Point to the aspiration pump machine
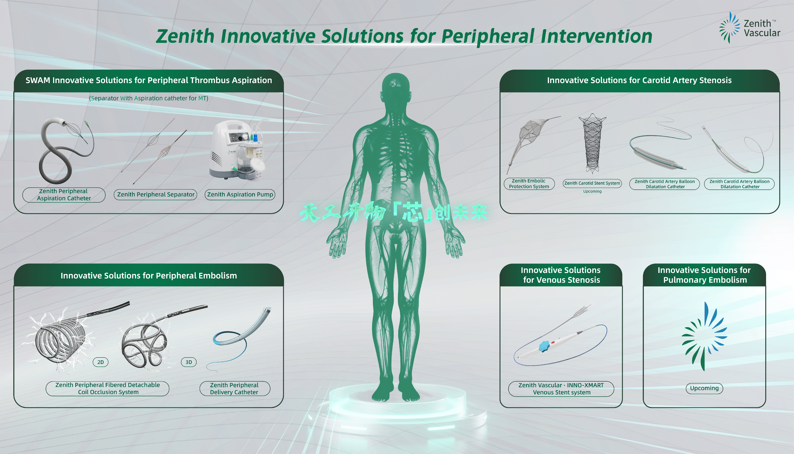pos(237,150)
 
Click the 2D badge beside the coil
pos(100,362)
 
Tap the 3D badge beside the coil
pos(189,362)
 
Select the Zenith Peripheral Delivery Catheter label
pos(234,388)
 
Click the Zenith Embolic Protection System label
pos(529,184)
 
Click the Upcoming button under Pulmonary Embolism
pos(704,388)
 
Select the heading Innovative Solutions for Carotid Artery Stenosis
pos(639,81)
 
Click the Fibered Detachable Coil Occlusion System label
pos(108,388)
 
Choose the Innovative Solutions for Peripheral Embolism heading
pos(149,276)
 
